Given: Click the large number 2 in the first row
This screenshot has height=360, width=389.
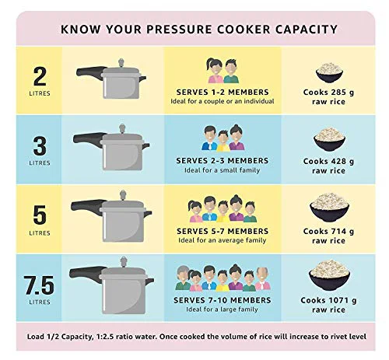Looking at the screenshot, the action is (x=40, y=76).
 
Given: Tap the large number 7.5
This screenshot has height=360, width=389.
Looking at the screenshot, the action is (x=39, y=285).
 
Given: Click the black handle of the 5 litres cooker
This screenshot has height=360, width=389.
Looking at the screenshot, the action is (x=87, y=206).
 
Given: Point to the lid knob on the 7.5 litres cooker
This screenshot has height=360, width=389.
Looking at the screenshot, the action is (x=124, y=262).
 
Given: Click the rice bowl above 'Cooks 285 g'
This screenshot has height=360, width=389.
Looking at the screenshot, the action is (x=329, y=72).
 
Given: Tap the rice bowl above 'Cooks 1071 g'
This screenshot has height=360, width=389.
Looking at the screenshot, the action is (x=329, y=274).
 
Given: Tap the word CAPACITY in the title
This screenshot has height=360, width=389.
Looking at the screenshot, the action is (x=307, y=29).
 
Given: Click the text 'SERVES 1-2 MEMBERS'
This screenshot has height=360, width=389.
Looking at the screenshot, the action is (x=223, y=93).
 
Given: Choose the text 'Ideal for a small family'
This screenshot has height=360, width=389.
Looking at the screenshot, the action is (x=222, y=170).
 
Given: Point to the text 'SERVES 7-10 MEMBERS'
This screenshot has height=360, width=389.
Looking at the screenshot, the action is (x=223, y=300).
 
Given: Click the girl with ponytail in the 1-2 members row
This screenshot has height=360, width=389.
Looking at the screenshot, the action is (x=215, y=71).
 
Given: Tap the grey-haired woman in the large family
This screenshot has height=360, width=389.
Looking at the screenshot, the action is (x=183, y=278).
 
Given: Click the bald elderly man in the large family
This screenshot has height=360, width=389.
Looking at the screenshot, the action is (x=262, y=278).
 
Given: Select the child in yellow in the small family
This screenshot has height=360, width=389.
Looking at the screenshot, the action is (x=223, y=141).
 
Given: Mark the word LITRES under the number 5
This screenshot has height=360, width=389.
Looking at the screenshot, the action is (x=40, y=233).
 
